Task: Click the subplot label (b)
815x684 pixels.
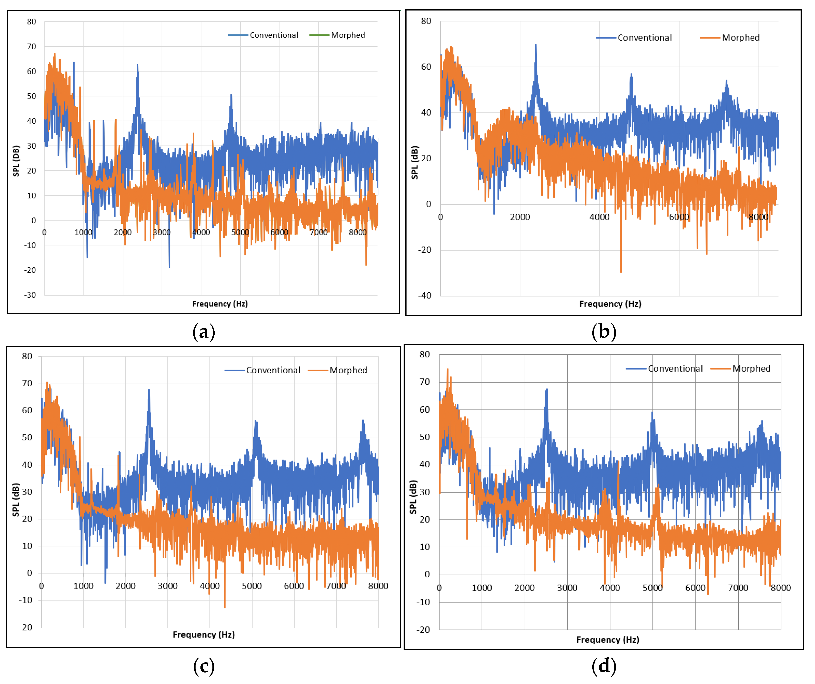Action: tap(604, 332)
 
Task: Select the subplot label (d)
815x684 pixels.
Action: tap(604, 667)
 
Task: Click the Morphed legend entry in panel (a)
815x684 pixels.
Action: tap(348, 35)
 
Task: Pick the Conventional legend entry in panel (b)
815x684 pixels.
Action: tap(644, 38)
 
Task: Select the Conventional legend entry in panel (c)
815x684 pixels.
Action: tap(273, 370)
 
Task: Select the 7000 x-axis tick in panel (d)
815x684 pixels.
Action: tap(738, 588)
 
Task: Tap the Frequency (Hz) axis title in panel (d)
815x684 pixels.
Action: tap(607, 640)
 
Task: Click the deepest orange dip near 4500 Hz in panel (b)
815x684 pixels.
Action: tap(621, 272)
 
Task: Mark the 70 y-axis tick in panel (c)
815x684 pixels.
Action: tap(27, 384)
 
